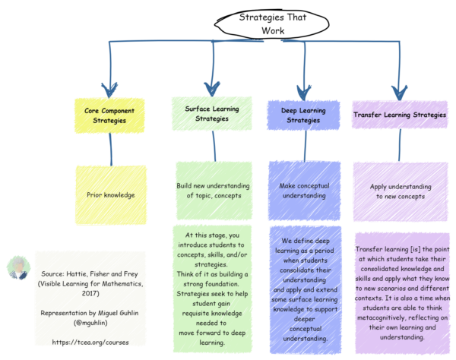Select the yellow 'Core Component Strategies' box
111,115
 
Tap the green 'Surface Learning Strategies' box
212,114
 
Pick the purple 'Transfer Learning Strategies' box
400,115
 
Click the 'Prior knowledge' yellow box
111,195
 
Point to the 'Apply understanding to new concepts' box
401,191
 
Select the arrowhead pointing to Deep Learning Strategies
303,88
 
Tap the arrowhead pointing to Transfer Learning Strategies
396,88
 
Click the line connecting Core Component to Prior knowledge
111,152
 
